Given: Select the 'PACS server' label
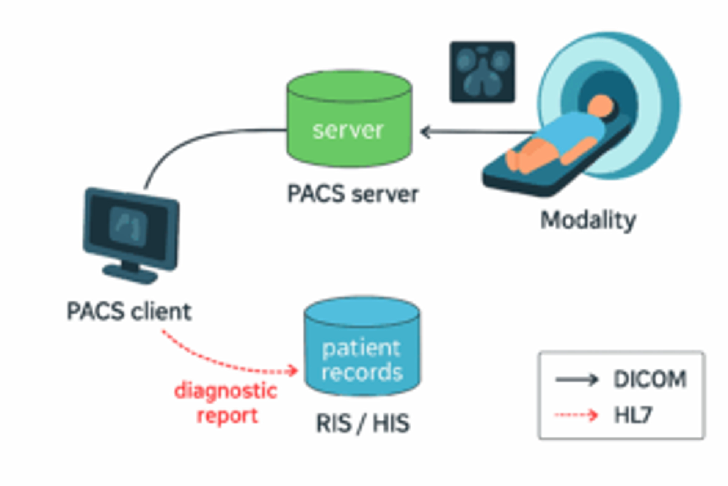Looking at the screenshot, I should pyautogui.click(x=353, y=194).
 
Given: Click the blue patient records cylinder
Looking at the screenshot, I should pyautogui.click(x=362, y=330).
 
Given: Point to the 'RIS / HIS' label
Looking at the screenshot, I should pyautogui.click(x=363, y=423).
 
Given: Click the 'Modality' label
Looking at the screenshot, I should pyautogui.click(x=588, y=220).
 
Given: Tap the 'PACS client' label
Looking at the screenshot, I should pyautogui.click(x=129, y=311).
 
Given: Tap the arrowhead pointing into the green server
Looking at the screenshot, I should pyautogui.click(x=425, y=132).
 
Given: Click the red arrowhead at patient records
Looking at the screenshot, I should pyautogui.click(x=293, y=370).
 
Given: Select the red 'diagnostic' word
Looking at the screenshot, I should pyautogui.click(x=226, y=391).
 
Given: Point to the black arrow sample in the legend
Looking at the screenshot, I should pyautogui.click(x=577, y=379).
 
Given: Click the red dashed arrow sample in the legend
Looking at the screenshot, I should pyautogui.click(x=576, y=415).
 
